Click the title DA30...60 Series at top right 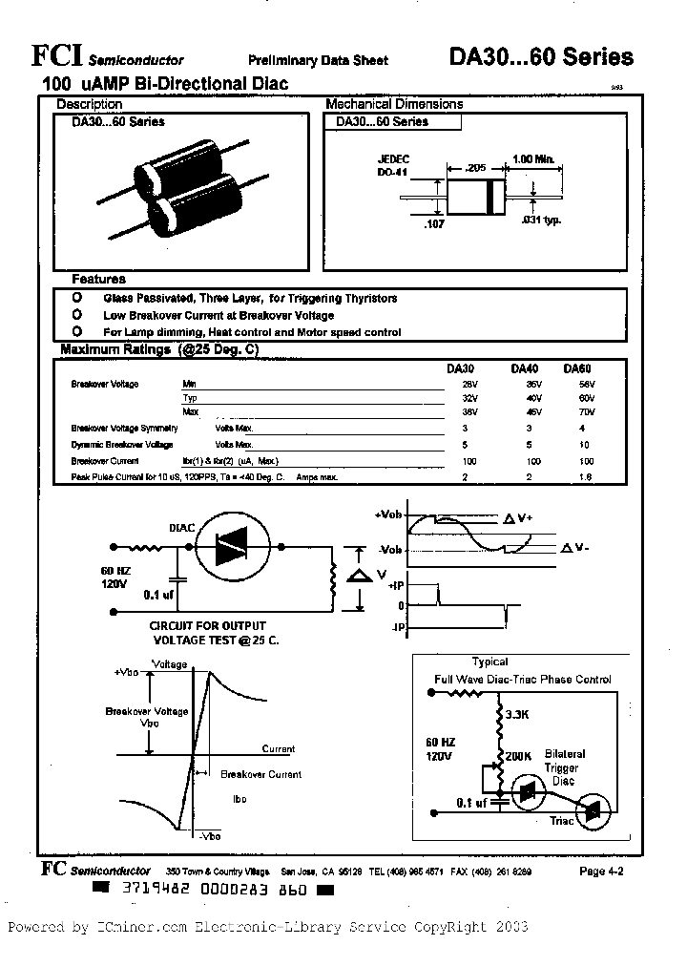click(x=541, y=57)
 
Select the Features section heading click(x=99, y=280)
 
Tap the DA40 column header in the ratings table click(x=525, y=368)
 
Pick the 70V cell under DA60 click(x=584, y=411)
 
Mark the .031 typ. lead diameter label click(x=542, y=220)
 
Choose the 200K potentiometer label click(x=520, y=755)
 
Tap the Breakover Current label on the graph click(x=260, y=774)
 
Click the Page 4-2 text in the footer click(x=600, y=871)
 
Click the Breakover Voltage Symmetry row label click(x=124, y=429)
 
